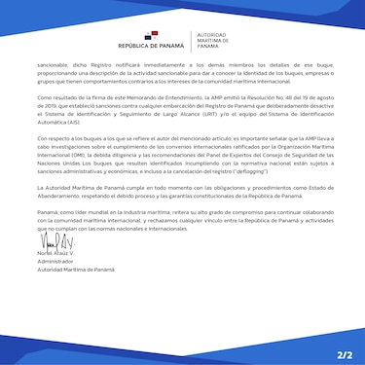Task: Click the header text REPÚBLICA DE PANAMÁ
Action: [x=148, y=46]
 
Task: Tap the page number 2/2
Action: [x=343, y=346]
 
